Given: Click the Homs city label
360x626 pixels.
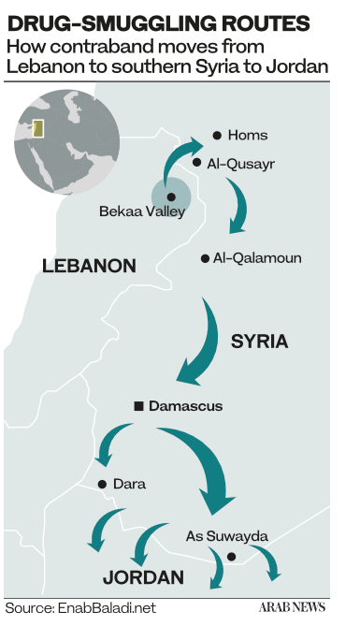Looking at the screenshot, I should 249,136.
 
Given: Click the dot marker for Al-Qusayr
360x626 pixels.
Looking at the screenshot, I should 197,163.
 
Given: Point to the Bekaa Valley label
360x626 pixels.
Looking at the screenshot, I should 142,212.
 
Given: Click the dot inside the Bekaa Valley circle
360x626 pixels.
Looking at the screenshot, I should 171,197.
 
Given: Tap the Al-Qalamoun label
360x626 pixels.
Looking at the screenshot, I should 257,258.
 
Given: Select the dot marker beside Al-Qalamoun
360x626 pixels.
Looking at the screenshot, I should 205,258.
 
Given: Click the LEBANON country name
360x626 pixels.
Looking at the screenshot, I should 90,267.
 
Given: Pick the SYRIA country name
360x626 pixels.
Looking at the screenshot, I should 259,342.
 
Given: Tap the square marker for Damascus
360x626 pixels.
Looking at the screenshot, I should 138,405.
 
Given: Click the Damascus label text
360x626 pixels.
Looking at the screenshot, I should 186,406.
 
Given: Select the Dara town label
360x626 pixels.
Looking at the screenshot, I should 129,485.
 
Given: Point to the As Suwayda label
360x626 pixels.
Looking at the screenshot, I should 227,536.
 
